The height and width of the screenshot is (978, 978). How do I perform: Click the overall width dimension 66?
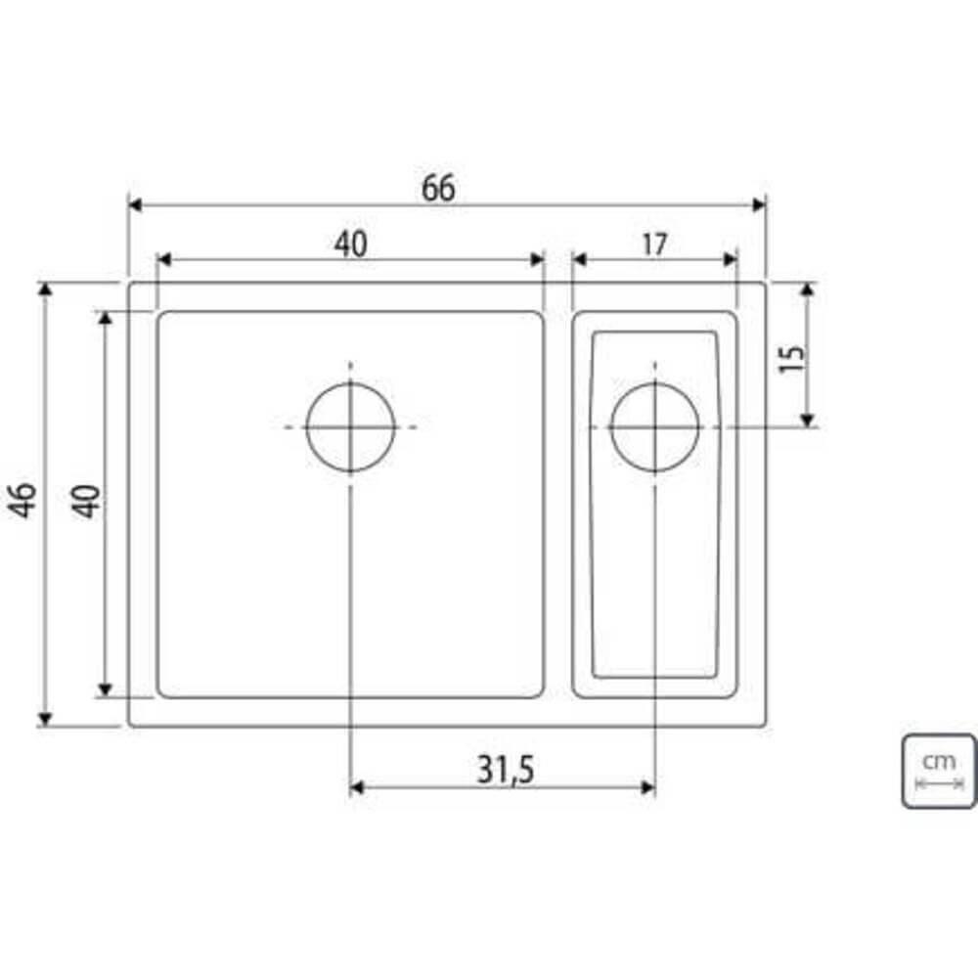coord(438,189)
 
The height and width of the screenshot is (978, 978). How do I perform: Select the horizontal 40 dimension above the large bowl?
coord(350,244)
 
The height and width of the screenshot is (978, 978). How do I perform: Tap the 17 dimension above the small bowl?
coord(654,244)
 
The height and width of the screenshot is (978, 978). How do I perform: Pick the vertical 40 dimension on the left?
coord(87,501)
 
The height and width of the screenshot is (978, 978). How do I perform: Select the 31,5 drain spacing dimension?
coord(506,772)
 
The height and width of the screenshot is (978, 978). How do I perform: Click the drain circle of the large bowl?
coord(350,427)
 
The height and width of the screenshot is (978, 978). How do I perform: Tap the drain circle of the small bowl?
coord(654,427)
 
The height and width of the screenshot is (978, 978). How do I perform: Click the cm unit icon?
coord(939,771)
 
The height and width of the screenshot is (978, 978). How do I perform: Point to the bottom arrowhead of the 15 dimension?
coord(807,420)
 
